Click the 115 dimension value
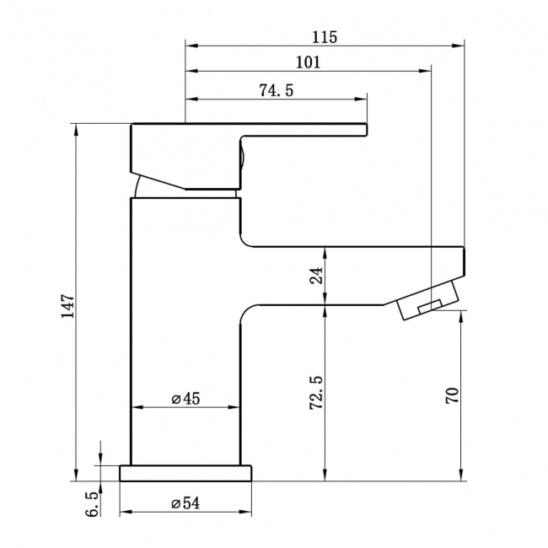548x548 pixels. point(325,37)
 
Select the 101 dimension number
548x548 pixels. point(309,62)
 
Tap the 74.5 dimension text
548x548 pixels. point(276,90)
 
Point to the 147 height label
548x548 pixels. point(67,306)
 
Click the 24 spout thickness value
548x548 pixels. point(316,276)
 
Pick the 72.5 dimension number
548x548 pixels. point(316,393)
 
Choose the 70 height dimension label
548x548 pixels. point(452,395)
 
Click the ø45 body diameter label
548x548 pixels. point(185,399)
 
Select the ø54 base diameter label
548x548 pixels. point(185,503)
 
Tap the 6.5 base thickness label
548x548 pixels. point(92,504)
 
